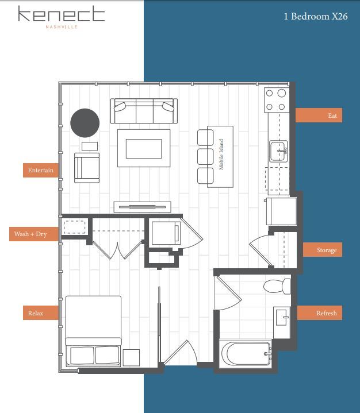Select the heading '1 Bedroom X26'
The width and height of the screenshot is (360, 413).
[x=315, y=17]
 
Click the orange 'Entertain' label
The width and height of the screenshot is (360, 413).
[x=40, y=170]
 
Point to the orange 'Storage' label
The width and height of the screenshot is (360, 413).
[x=326, y=250]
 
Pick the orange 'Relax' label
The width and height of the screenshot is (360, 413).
[x=36, y=313]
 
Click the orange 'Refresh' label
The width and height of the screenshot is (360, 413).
[x=326, y=313]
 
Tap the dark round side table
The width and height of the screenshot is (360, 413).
[x=85, y=122]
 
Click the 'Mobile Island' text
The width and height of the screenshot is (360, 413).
[x=221, y=155]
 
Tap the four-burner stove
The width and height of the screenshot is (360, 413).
[x=275, y=99]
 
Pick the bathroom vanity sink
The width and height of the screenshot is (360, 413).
[x=282, y=316]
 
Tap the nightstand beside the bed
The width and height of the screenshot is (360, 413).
[x=131, y=357]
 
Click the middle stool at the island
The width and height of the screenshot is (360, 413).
[x=205, y=156]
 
